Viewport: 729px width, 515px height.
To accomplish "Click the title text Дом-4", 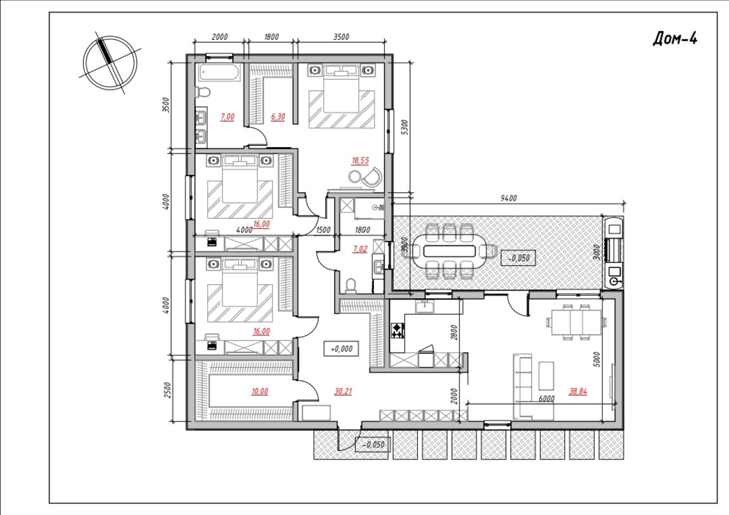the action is (x=675, y=39).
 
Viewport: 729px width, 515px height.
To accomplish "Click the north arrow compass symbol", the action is (x=110, y=63).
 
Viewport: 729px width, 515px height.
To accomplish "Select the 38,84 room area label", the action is (x=578, y=392).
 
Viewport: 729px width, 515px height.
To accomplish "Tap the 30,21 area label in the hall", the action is (x=343, y=392).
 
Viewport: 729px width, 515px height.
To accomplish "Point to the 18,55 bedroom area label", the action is (x=360, y=161).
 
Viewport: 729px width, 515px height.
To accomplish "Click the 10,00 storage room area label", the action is (x=259, y=392).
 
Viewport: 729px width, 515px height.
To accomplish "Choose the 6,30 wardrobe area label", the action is (x=278, y=117).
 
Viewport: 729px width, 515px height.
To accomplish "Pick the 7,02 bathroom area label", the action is (x=360, y=249).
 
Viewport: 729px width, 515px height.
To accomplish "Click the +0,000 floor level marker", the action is (x=341, y=348).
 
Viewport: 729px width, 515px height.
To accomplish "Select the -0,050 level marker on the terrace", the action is (x=519, y=257).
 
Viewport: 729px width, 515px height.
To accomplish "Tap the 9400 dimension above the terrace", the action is (x=508, y=198).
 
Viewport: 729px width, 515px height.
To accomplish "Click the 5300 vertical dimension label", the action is (x=404, y=127).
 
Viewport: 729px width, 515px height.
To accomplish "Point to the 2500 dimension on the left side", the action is (x=168, y=390).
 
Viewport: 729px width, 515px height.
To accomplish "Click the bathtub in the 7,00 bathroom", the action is (x=219, y=72).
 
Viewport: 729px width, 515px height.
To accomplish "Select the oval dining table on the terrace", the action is (x=449, y=251).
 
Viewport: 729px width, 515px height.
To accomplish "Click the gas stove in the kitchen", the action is (x=397, y=331).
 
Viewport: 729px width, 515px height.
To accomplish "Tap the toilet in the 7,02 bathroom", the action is (x=351, y=285).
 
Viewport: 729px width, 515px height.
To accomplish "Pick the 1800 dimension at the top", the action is (x=271, y=37).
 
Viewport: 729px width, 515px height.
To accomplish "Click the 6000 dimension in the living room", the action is (x=546, y=399).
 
